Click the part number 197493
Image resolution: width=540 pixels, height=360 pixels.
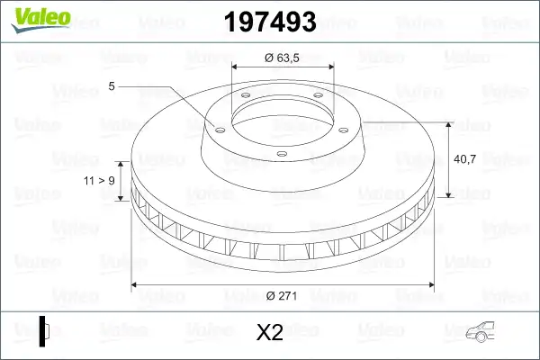(270, 22)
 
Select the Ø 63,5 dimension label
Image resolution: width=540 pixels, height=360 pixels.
(282, 58)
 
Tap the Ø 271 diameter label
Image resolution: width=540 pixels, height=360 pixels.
(282, 295)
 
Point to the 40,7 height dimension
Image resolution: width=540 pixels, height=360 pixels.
(464, 158)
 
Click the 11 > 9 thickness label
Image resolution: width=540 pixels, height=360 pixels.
(99, 181)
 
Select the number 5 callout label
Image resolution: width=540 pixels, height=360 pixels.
(112, 86)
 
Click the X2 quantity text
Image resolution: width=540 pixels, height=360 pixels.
(270, 332)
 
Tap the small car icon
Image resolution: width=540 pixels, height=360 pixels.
(480, 332)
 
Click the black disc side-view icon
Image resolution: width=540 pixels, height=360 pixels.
(44, 331)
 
